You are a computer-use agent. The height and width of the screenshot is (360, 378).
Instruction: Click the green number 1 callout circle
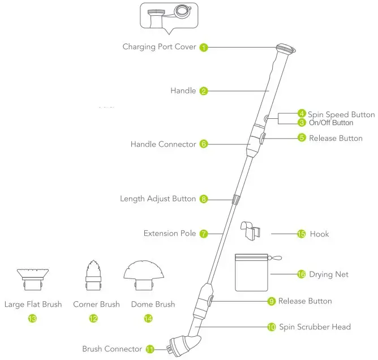(x=204, y=47)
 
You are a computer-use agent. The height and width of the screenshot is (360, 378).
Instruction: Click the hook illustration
(x=251, y=232)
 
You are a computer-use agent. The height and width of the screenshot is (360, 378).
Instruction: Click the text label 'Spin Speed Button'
(x=341, y=114)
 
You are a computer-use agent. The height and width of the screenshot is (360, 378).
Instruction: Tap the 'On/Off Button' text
(x=331, y=123)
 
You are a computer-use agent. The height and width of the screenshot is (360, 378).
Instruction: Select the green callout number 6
(x=204, y=144)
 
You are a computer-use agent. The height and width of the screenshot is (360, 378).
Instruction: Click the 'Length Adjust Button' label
(x=158, y=199)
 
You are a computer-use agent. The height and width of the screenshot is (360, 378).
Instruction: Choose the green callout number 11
(x=150, y=349)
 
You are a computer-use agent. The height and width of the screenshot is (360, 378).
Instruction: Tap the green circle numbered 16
(x=301, y=275)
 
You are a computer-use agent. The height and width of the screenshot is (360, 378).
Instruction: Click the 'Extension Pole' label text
(x=170, y=233)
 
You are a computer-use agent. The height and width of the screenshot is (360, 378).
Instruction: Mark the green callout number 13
(x=32, y=319)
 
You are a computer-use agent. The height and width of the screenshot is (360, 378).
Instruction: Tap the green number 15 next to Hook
(x=301, y=233)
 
